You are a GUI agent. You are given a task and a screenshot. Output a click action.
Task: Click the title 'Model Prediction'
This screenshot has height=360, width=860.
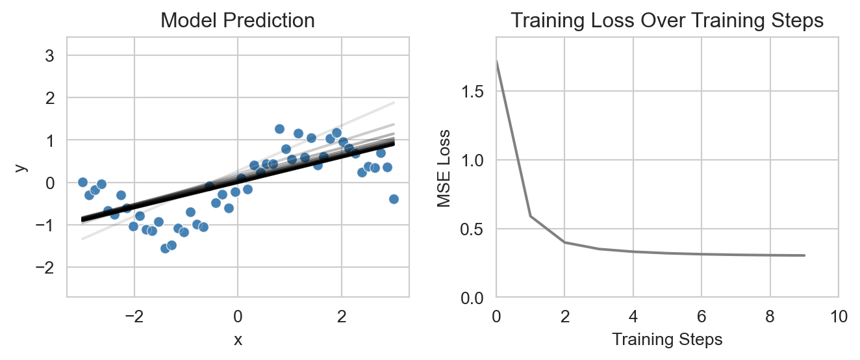[x=238, y=21]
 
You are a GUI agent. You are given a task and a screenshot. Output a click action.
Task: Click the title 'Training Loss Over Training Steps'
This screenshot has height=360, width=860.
[x=667, y=21]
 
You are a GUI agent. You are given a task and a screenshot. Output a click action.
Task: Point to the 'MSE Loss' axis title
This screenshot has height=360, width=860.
[x=444, y=167]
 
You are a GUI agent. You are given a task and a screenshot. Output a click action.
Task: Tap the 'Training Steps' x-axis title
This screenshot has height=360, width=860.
[x=667, y=339]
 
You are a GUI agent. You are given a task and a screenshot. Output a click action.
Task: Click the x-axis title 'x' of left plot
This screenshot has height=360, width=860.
[x=238, y=340]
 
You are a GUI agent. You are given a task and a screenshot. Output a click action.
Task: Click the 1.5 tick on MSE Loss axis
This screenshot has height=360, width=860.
[x=475, y=92]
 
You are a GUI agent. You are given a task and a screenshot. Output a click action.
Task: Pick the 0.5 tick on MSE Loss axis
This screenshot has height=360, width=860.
[x=475, y=229]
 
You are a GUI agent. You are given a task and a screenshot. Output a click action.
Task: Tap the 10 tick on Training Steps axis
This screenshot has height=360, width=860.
[x=838, y=316]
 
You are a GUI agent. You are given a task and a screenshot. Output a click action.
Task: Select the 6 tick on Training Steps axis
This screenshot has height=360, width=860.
[x=702, y=316]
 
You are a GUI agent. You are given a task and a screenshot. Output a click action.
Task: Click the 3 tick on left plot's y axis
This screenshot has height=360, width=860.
[x=49, y=56]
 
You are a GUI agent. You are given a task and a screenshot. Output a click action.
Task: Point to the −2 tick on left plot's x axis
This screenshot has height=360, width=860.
[x=134, y=316]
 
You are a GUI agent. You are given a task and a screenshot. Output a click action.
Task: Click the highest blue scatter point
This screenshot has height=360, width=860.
[x=279, y=129]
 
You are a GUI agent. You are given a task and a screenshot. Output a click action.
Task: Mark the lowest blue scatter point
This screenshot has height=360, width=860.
[x=165, y=248]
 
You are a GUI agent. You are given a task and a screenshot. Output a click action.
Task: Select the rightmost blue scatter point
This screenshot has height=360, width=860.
[x=394, y=199]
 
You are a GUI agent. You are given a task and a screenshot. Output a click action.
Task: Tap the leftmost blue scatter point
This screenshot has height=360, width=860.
[x=82, y=182]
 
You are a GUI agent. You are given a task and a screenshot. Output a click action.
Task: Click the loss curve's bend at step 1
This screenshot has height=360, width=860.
[x=530, y=216]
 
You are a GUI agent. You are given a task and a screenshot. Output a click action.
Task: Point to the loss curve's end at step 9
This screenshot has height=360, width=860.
[x=804, y=255]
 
